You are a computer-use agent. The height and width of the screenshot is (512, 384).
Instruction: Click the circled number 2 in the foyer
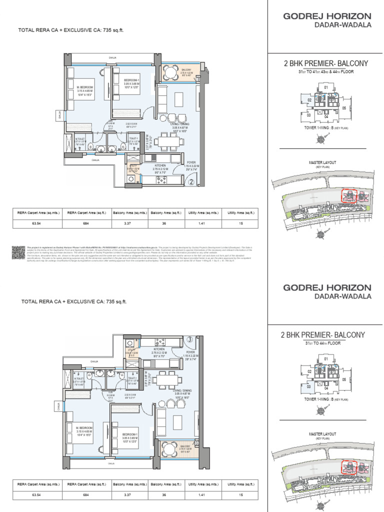pos(190,182)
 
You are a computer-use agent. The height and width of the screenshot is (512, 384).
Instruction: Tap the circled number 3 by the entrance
pos(190,339)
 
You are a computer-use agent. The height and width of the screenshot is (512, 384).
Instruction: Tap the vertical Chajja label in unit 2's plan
pos(59,116)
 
